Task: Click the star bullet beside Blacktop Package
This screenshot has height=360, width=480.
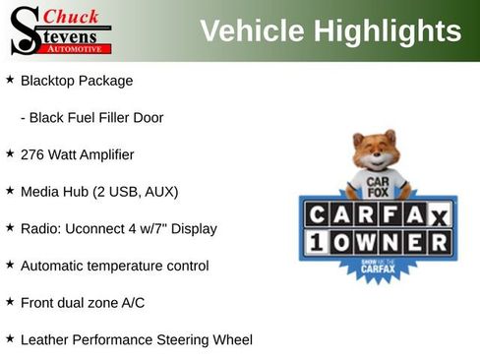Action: tap(10, 80)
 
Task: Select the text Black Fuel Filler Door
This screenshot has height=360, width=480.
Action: tap(96, 117)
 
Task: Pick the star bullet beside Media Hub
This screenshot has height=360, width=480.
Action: tap(10, 191)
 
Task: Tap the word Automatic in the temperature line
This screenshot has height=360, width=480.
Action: tap(54, 266)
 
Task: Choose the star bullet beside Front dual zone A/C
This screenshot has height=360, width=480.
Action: tap(10, 302)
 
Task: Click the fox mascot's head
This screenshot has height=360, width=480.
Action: tap(375, 152)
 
